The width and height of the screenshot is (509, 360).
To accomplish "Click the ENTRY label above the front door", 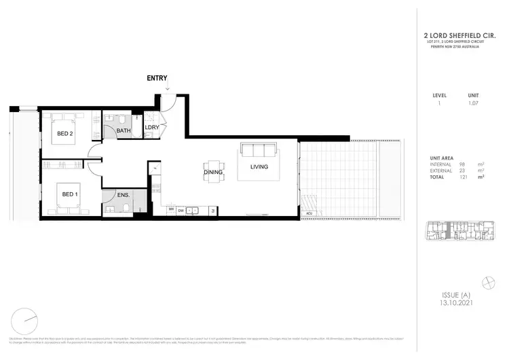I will (x=157, y=78).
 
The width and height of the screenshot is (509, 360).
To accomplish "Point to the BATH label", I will (x=124, y=130).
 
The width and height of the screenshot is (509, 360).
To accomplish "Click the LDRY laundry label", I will (x=151, y=127).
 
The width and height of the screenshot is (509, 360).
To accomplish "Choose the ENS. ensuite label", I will (x=123, y=195).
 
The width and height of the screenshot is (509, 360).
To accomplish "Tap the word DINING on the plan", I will (x=213, y=173).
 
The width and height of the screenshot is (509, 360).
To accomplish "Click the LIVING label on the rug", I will (x=259, y=166).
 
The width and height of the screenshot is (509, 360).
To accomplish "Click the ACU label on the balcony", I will (x=309, y=213).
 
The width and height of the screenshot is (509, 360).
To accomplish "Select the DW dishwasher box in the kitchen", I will (x=181, y=211).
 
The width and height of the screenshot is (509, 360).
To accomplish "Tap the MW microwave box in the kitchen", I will (x=171, y=211).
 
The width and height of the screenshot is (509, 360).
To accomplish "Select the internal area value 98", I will (x=461, y=164).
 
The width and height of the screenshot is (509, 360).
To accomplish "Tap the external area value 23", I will (x=462, y=170).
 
